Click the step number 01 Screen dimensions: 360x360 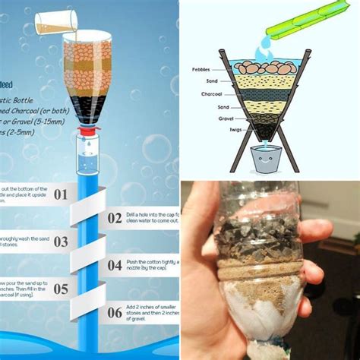pos(61,194)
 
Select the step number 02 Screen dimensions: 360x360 pos(115,218)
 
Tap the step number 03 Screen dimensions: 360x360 pos(61,242)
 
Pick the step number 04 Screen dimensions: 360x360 pos(115,265)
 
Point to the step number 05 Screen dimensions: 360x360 pos(61,289)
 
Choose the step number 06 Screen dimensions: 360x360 pos(115,313)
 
